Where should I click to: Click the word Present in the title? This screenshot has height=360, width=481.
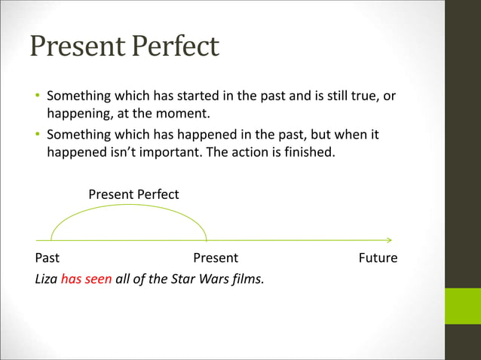[78, 46]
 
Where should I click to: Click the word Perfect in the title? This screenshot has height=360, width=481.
[174, 46]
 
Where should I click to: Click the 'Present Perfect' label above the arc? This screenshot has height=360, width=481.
[133, 194]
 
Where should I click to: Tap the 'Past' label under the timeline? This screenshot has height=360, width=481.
[47, 258]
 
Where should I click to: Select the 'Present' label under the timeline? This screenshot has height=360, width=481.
[216, 258]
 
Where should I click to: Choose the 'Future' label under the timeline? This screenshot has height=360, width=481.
[378, 258]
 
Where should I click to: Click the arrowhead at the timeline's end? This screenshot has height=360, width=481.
[389, 240]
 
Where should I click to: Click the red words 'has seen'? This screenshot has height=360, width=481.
[86, 279]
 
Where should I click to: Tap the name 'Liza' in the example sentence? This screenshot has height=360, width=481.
[46, 279]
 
